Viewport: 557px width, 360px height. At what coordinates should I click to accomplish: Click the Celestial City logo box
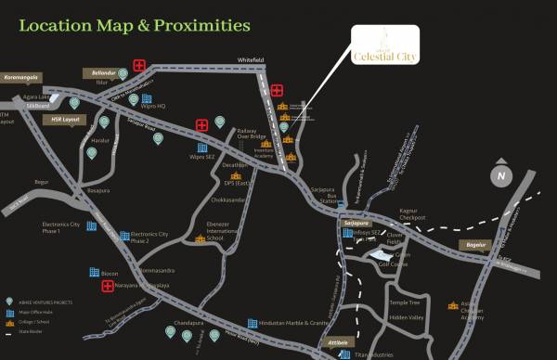[x=384, y=47]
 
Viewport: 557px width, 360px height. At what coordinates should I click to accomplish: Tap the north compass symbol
[x=501, y=175]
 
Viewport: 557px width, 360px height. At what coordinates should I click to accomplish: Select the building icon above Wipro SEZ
[x=201, y=147]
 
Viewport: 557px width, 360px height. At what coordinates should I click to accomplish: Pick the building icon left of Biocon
[x=94, y=272]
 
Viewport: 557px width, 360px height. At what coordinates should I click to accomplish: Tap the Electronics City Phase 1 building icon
[x=91, y=225]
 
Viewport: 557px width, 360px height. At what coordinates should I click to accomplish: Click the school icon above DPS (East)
[x=236, y=174]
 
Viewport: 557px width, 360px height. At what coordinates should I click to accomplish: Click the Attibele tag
[x=342, y=343]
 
